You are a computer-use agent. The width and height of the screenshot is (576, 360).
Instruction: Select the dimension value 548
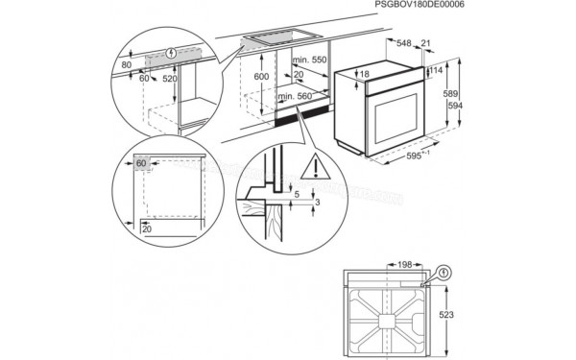pyautogui.click(x=406, y=44)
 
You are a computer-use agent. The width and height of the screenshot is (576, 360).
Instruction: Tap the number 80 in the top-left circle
pyautogui.click(x=127, y=65)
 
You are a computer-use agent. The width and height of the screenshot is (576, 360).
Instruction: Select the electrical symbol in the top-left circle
pyautogui.click(x=170, y=52)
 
